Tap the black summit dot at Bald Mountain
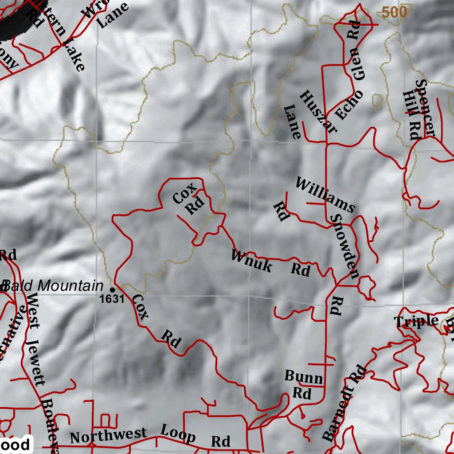coord(112,290)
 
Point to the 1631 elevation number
coord(112,299)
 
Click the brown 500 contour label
coord(394,13)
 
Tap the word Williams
coord(325,195)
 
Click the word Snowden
coord(344,247)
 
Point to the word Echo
coord(348,105)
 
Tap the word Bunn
coord(303,377)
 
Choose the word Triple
coord(416,321)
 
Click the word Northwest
coord(108,436)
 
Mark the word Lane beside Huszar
coord(293,121)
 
